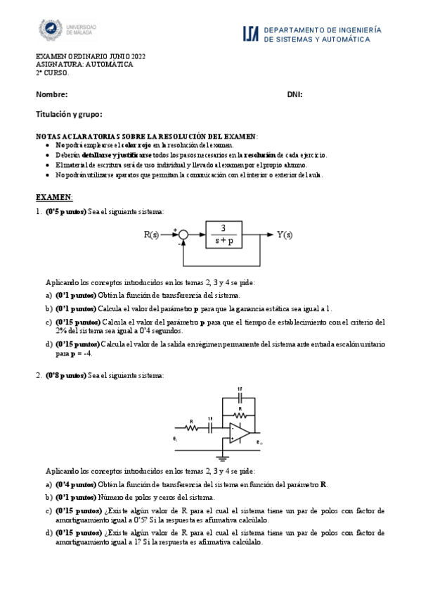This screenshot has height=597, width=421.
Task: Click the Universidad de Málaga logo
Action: click(67, 30)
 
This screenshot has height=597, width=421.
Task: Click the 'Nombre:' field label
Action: click(51, 94)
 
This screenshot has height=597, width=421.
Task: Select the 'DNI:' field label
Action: click(294, 94)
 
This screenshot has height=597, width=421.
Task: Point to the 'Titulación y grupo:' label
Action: click(69, 113)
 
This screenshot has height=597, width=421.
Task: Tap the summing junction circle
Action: click(183, 235)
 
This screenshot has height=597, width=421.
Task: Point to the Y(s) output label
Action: click(285, 234)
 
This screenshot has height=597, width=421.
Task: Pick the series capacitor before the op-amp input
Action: click(210, 427)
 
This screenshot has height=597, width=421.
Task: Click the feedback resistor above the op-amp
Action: click(240, 414)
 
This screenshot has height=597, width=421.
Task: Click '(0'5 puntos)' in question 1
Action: click(65, 212)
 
